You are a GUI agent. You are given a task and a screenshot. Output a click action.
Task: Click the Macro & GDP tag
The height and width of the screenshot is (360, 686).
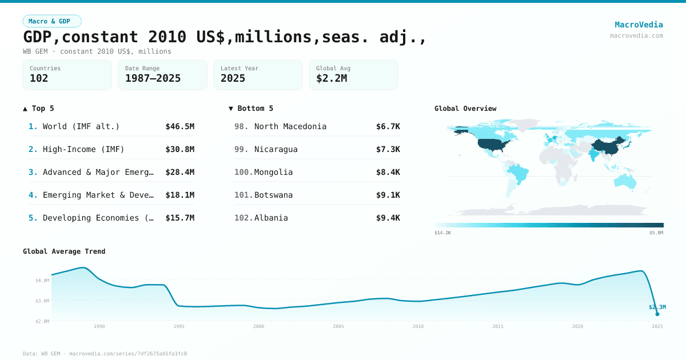pos(52,21)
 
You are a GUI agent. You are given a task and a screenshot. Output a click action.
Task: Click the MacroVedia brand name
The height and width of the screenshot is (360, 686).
pos(639,25)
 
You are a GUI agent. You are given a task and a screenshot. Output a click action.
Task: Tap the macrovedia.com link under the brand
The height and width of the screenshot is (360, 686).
pos(636,35)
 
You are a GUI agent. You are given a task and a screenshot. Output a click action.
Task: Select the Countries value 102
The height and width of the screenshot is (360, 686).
pos(39,78)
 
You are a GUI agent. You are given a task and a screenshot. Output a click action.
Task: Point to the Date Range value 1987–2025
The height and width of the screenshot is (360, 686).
pos(153,78)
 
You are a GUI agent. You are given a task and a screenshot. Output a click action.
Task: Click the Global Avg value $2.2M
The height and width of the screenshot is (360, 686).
pos(332,78)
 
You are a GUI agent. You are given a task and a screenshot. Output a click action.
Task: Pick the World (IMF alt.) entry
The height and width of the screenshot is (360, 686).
pos(81,126)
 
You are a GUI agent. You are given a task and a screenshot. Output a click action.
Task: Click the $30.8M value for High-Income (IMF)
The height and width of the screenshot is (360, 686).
pos(180,149)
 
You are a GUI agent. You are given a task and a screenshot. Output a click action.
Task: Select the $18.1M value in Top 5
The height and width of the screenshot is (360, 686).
pos(180,195)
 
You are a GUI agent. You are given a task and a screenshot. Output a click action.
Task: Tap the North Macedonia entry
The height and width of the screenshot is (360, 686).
pos(290,126)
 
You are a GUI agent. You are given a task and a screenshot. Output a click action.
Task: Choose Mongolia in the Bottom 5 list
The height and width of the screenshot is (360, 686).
pos(273,172)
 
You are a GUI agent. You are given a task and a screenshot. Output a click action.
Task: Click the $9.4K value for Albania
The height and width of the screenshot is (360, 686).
pos(388,218)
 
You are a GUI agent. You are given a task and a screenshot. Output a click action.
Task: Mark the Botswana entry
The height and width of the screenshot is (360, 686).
pos(273,195)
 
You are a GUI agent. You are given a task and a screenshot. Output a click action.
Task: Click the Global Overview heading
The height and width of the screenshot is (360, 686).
pos(465,109)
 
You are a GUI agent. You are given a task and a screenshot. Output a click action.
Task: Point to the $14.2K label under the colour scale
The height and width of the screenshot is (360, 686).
pos(442,233)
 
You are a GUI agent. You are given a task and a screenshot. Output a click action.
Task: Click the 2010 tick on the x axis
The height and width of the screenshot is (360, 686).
pos(418,326)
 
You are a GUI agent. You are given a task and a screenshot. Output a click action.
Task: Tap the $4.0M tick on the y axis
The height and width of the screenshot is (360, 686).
pos(42,281)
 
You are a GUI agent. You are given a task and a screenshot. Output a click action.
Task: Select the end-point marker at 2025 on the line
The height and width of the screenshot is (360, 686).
pos(657,314)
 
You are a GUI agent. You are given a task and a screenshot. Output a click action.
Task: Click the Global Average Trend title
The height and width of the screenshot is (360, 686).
pos(64,251)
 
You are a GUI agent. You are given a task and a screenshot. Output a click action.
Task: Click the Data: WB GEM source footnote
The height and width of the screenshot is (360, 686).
pos(105,354)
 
